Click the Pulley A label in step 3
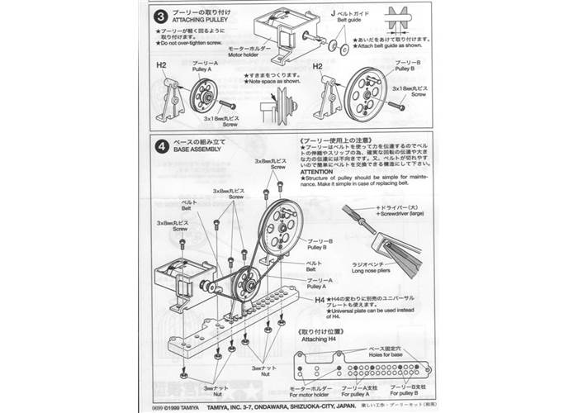205,69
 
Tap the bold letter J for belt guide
334,14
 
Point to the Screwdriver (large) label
401,212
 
